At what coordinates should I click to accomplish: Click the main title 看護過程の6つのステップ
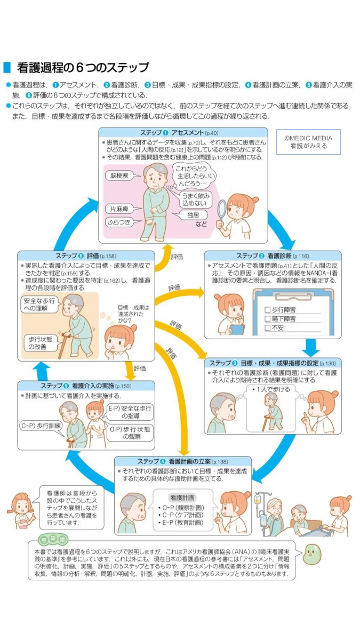coord(83,68)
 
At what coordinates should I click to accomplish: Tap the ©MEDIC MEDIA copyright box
coord(308,141)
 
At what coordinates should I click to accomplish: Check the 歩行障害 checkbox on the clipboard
coord(268,309)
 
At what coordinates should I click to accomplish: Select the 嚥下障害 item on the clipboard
coord(268,318)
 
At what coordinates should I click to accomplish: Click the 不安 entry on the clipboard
coord(268,328)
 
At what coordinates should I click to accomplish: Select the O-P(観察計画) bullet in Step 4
coord(181,506)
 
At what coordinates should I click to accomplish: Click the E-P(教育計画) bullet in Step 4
coord(181,523)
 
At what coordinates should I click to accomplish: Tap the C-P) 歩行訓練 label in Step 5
coord(41,426)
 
